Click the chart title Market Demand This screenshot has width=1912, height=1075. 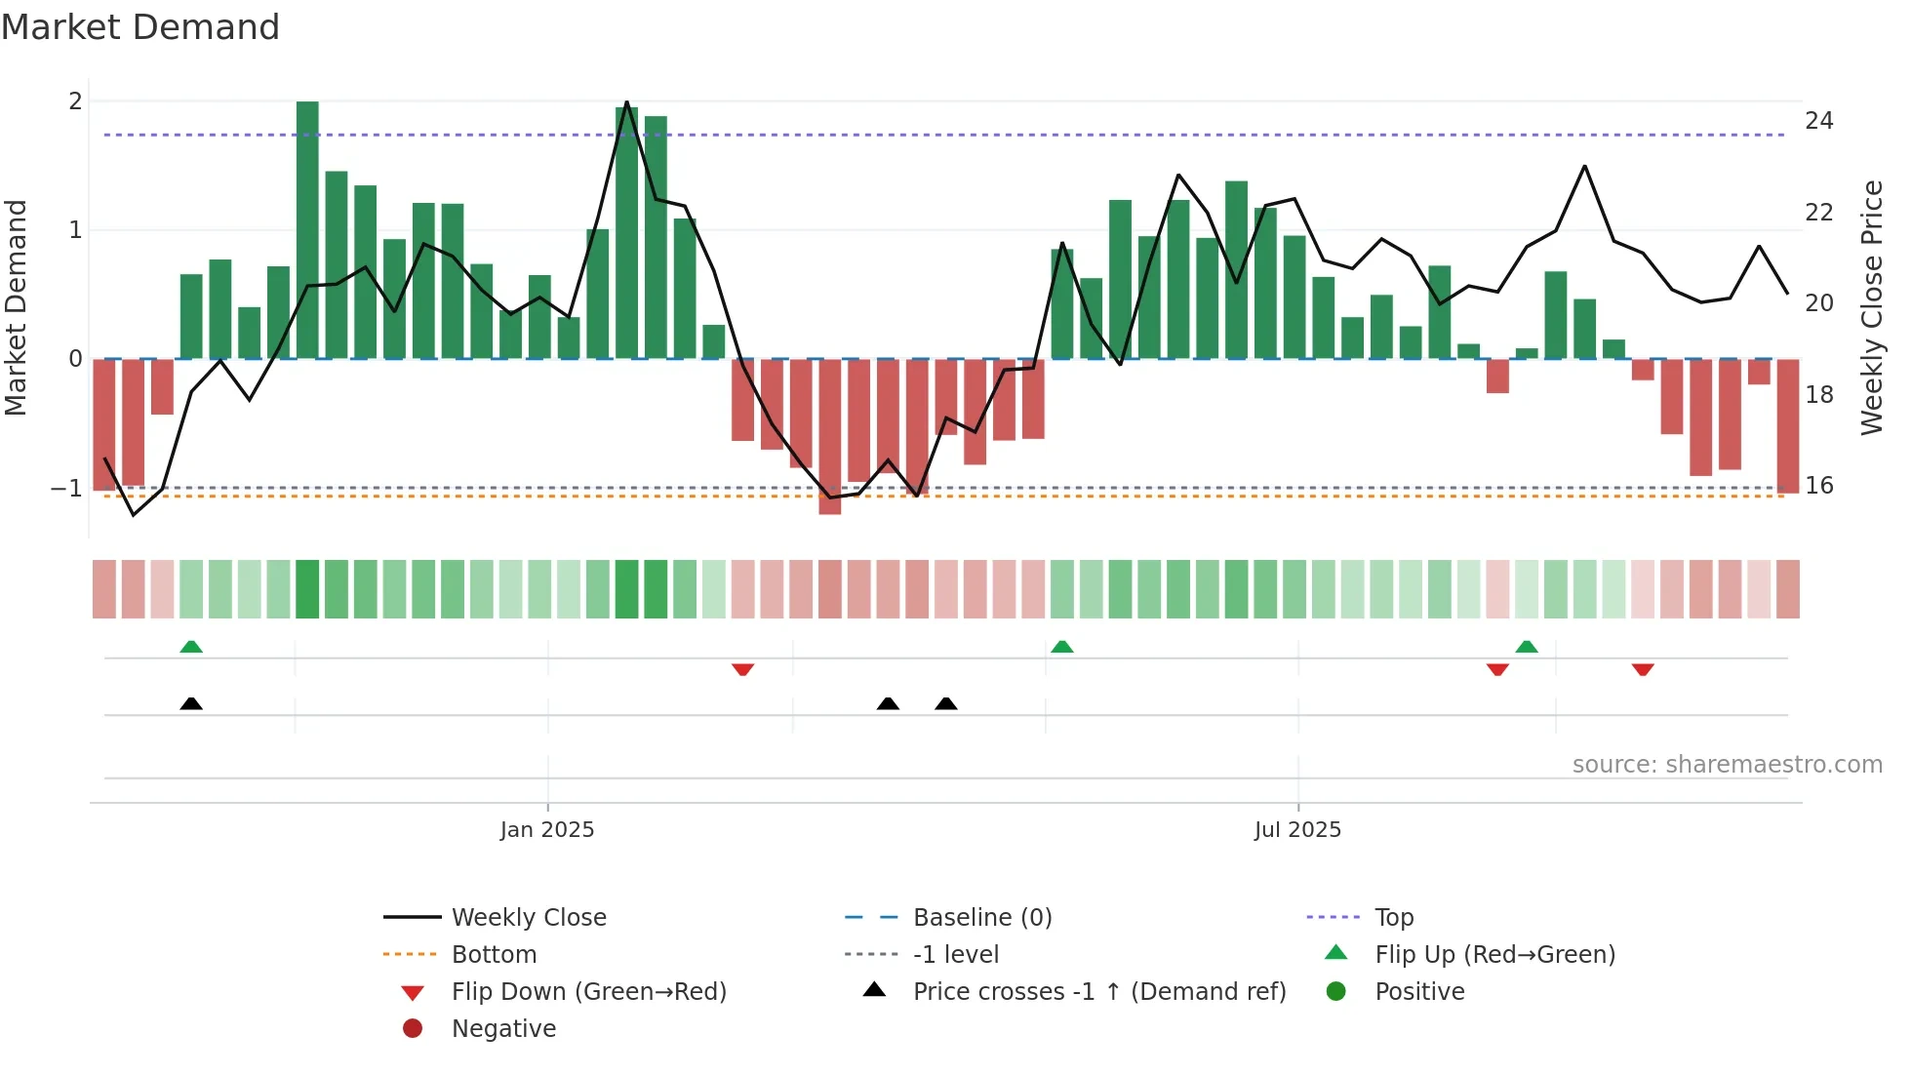coord(140,27)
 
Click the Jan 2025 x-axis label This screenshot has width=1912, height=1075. coord(546,829)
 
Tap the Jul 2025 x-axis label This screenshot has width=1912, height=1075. coord(1297,829)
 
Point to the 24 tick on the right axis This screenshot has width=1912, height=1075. coord(1818,121)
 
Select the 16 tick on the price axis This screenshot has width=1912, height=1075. coord(1818,485)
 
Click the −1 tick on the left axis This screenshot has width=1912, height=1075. coord(66,488)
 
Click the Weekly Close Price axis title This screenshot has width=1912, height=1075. coord(1871,307)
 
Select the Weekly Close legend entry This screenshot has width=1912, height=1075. coord(528,917)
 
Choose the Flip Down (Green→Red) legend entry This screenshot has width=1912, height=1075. coord(588,991)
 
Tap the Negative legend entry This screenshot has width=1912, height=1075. coord(503,1028)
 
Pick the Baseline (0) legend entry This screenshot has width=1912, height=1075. coord(981,917)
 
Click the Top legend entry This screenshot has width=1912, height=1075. coord(1393,917)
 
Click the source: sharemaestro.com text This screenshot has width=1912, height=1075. coord(1727,764)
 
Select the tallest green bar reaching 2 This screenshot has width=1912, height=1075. coord(307,229)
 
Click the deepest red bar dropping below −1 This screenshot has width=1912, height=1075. coord(830,437)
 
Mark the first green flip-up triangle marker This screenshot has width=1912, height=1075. coord(191,647)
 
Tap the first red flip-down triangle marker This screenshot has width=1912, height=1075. coord(742,669)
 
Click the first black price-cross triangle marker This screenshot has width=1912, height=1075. coord(191,703)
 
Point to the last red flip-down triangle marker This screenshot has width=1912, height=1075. coord(1643,669)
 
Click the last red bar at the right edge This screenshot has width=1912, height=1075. coord(1788,425)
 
